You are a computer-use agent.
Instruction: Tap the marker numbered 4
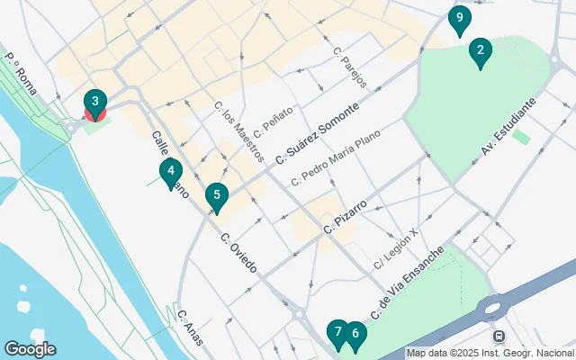pyautogui.click(x=170, y=171)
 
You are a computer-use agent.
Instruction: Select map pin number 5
pyautogui.click(x=216, y=195)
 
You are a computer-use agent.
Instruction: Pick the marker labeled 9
pyautogui.click(x=459, y=18)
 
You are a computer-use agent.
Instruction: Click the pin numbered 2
pyautogui.click(x=480, y=52)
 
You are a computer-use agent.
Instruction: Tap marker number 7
pyautogui.click(x=337, y=333)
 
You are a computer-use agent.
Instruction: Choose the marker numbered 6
pyautogui.click(x=355, y=335)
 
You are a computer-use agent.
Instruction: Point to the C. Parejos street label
pyautogui.click(x=350, y=67)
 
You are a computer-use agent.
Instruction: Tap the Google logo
pyautogui.click(x=29, y=349)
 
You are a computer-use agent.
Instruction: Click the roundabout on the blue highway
pyautogui.click(x=493, y=309)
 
